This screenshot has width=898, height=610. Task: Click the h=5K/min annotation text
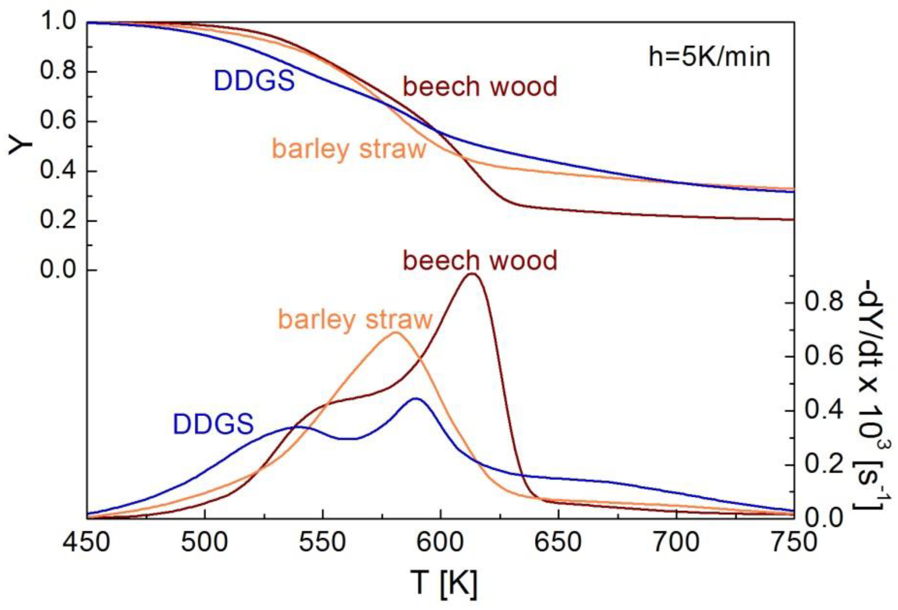coord(709,58)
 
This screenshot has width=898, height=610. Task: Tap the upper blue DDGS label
coord(254,81)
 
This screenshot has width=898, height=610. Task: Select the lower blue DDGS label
coord(213,424)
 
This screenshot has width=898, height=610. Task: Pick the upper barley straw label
coord(349,149)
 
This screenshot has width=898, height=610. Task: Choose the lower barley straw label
coord(355,319)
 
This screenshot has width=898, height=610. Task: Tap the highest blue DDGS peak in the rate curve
coord(415,398)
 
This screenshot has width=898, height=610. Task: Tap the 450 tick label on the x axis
coord(87,542)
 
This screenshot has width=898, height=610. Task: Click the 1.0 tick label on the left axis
coord(58,22)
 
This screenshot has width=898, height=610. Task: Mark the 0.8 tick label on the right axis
coord(823,302)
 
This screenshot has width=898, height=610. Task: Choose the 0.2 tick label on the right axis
coord(823,464)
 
